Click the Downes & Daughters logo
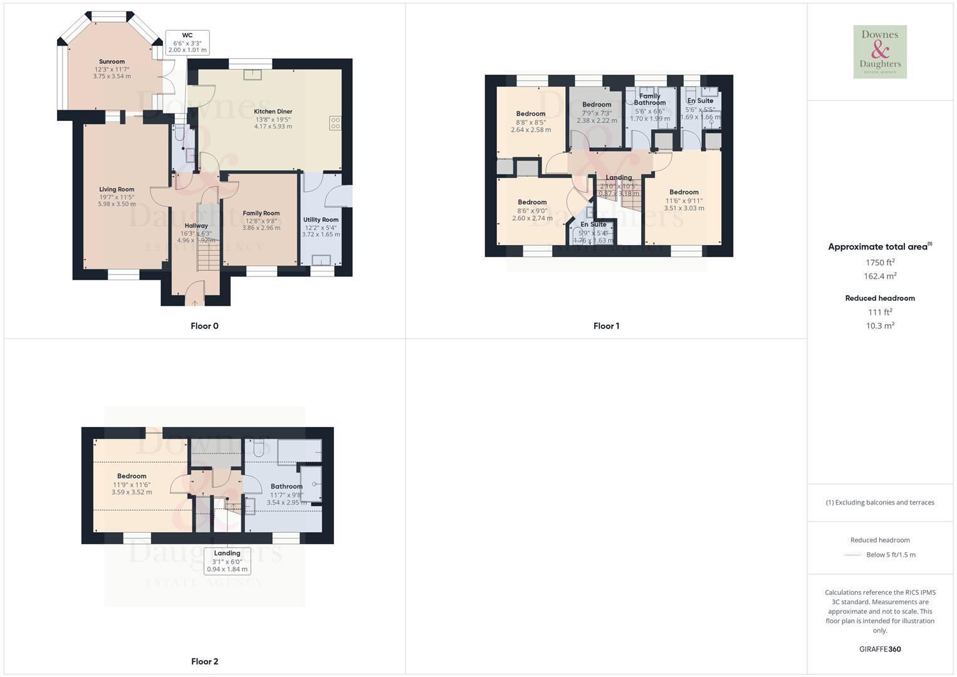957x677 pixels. [x=880, y=52]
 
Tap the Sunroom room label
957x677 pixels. [x=112, y=61]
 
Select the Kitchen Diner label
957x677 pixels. [x=273, y=112]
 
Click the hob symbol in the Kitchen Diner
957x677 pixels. [x=335, y=123]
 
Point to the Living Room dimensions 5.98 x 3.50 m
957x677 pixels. [x=117, y=204]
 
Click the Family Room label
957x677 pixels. [x=261, y=213]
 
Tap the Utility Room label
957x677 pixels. [x=321, y=220]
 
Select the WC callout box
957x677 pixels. [x=187, y=43]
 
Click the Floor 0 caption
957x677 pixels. [x=204, y=326]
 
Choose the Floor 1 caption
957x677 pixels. [x=606, y=326]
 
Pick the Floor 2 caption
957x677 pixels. [x=204, y=661]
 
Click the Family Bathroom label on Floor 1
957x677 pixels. [x=649, y=99]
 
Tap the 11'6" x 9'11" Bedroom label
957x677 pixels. [x=684, y=192]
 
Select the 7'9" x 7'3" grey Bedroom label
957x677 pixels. [x=597, y=105]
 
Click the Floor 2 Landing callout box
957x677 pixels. [x=227, y=561]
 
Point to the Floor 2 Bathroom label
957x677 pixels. [x=286, y=486]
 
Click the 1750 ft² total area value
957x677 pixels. [x=880, y=263]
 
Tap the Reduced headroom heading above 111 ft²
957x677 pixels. [x=880, y=298]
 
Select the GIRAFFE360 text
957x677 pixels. [x=880, y=649]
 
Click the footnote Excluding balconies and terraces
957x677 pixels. [x=880, y=502]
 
